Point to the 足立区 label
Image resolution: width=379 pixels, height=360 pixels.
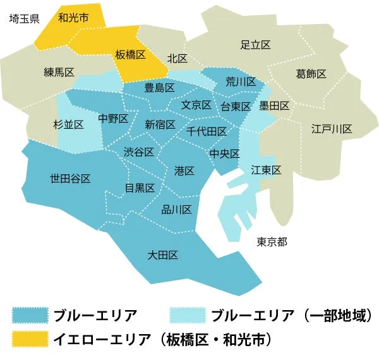pyautogui.click(x=256, y=45)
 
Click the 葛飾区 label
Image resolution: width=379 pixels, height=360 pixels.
pyautogui.click(x=311, y=74)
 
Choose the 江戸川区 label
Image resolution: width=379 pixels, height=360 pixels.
pyautogui.click(x=331, y=129)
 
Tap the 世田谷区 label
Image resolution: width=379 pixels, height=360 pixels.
pyautogui.click(x=70, y=178)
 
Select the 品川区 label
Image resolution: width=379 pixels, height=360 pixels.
pyautogui.click(x=177, y=210)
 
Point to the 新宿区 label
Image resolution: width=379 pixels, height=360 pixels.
pyautogui.click(x=160, y=124)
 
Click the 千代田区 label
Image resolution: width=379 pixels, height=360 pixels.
pyautogui.click(x=207, y=131)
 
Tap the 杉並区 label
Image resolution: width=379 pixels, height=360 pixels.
pyautogui.click(x=69, y=124)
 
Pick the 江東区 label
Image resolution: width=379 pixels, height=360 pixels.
pyautogui.click(x=265, y=170)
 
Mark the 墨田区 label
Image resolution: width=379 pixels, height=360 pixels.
pyautogui.click(x=274, y=105)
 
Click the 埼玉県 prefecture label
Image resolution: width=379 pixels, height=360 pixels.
pyautogui.click(x=25, y=19)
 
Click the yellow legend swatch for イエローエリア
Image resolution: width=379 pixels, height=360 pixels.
pyautogui.click(x=30, y=339)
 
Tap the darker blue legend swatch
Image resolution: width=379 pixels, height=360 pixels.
pyautogui.click(x=30, y=315)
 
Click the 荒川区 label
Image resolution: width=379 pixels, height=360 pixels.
pyautogui.click(x=241, y=82)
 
